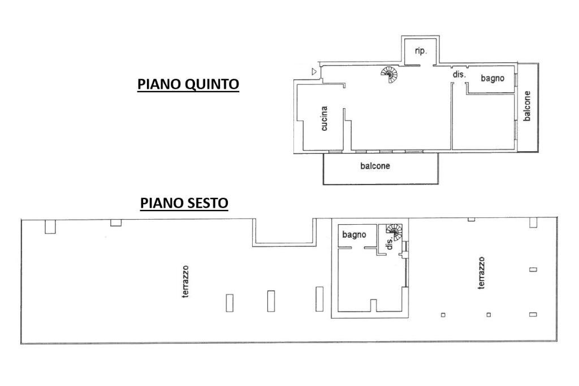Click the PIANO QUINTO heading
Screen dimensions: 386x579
click(x=188, y=84)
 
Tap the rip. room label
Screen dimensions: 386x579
click(x=421, y=51)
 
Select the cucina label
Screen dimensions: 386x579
click(x=324, y=119)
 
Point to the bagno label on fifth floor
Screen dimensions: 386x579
click(x=492, y=79)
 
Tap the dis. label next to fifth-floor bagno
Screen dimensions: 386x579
click(x=459, y=75)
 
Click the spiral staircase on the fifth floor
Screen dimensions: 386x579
click(x=389, y=74)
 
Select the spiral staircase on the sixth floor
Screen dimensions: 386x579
click(x=395, y=230)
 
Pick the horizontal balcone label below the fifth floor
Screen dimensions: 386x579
click(x=375, y=166)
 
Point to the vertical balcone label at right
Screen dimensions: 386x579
click(x=527, y=106)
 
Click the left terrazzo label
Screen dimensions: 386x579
click(x=185, y=281)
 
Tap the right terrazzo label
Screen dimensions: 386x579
click(x=481, y=273)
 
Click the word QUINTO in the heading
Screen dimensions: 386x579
click(x=212, y=84)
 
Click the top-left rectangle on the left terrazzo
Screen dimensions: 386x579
click(x=50, y=226)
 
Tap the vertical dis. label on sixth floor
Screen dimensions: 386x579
click(x=389, y=244)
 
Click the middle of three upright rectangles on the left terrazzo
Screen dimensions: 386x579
click(x=271, y=301)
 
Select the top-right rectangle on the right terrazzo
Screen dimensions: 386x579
click(x=533, y=222)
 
